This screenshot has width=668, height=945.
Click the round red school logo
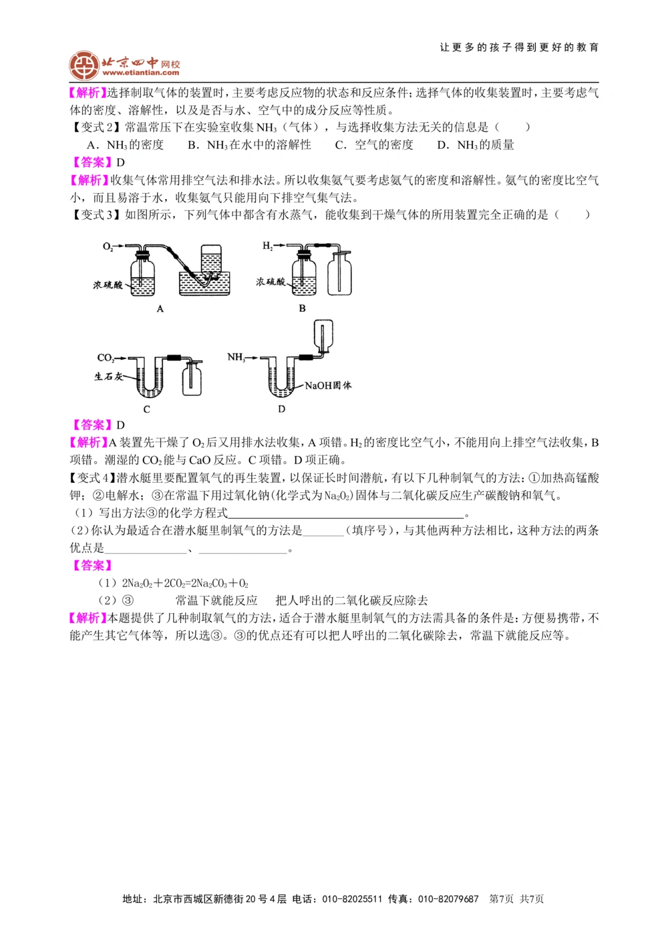(84, 65)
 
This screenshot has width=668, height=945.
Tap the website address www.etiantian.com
(141, 73)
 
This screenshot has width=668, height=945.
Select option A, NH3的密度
(126, 145)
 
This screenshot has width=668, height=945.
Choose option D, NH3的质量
(476, 145)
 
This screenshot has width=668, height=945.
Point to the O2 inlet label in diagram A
(108, 246)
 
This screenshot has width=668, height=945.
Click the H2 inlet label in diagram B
(267, 246)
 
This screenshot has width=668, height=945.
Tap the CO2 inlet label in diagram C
(106, 357)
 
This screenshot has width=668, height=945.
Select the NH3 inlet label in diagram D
(235, 357)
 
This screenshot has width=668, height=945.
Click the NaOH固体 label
(328, 385)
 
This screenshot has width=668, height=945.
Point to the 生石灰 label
(108, 377)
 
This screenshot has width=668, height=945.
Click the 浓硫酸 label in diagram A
(108, 285)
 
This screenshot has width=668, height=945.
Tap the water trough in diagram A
(204, 283)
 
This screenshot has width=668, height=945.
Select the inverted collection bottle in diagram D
(324, 335)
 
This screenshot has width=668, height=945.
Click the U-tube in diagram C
(150, 377)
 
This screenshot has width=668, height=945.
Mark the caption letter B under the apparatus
(302, 309)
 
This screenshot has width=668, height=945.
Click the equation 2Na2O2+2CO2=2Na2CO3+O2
(185, 583)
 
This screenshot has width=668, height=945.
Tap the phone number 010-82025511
(352, 899)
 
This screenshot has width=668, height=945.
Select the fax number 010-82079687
(448, 899)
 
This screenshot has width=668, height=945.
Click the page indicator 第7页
(502, 899)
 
